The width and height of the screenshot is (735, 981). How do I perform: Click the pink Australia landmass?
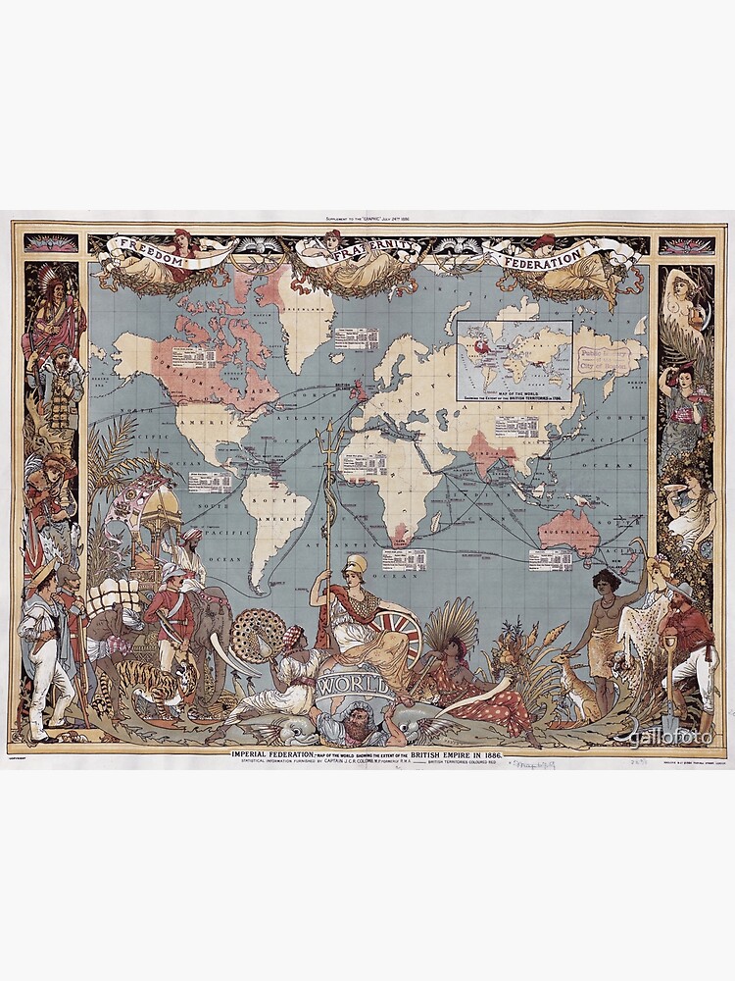[x=569, y=530]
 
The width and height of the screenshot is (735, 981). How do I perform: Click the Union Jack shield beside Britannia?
[x=398, y=633]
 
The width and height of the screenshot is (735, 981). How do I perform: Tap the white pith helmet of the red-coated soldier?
[x=172, y=571]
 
